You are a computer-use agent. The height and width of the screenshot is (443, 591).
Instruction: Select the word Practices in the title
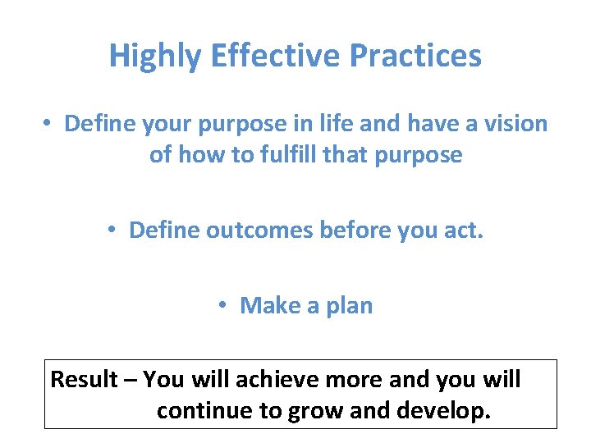click(415, 57)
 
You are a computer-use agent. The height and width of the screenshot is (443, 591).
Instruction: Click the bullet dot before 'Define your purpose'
click(49, 124)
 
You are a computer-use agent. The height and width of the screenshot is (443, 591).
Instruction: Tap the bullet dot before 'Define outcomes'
click(114, 231)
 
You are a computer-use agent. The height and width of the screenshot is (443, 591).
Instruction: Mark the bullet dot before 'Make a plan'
click(224, 306)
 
